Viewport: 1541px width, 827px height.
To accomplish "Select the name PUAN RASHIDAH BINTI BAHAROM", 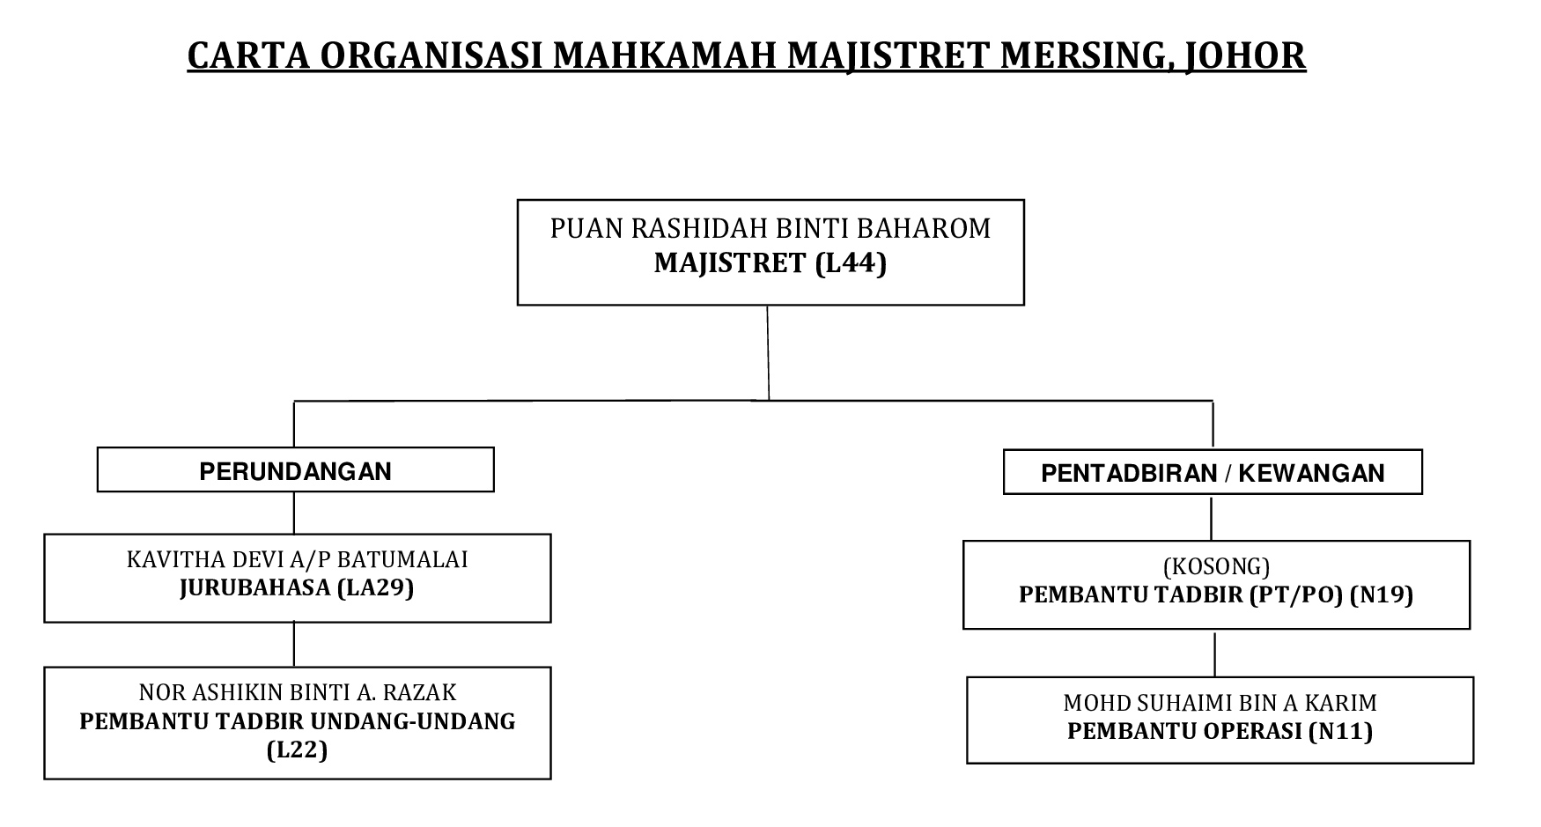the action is tap(770, 229).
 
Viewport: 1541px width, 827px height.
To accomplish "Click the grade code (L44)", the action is tap(851, 263).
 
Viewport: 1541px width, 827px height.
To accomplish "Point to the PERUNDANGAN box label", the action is tap(296, 471).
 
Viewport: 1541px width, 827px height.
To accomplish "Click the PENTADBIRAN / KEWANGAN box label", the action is tap(1213, 473).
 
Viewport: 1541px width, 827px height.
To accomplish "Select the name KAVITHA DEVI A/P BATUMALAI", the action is tap(298, 559).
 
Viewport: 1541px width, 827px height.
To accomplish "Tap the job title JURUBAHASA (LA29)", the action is tap(297, 587).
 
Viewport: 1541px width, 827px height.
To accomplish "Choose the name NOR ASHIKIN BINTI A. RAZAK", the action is tap(298, 693).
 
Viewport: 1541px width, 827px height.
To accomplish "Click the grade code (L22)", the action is tap(298, 749).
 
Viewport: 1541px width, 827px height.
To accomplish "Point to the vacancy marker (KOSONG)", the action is tap(1216, 566).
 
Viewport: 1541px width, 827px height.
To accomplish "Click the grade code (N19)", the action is tap(1382, 595).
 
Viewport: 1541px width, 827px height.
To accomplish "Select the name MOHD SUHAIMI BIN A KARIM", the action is tap(1220, 703).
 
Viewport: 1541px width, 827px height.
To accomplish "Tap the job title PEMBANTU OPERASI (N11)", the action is tap(1220, 731).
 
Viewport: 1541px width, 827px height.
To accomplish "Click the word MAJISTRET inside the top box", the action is tap(730, 263).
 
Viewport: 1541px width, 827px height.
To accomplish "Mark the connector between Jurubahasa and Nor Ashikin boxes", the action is tap(294, 645).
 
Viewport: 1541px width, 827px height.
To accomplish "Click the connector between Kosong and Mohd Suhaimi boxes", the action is tap(1215, 653).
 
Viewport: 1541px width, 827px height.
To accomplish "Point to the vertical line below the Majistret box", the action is tap(768, 352).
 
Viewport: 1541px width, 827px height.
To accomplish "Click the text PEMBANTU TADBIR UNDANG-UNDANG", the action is tap(298, 721).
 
